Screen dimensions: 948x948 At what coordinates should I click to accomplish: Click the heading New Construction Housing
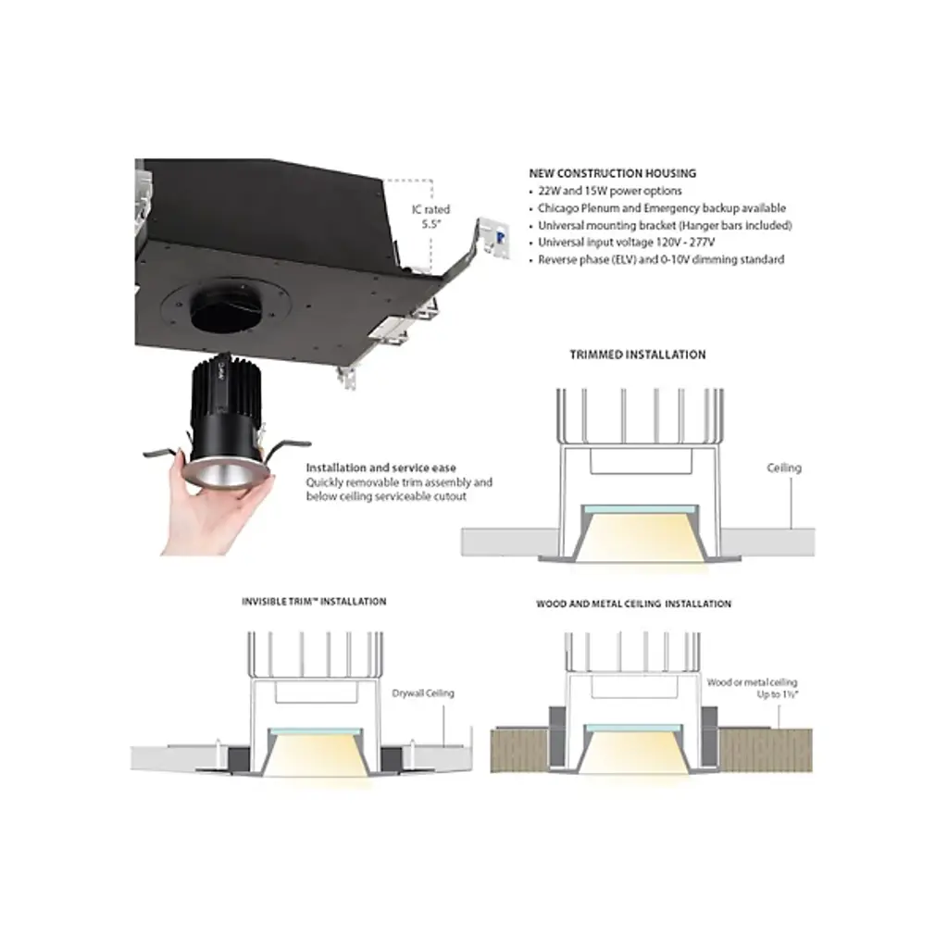tap(613, 173)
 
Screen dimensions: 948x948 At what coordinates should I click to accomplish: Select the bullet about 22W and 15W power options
tap(609, 191)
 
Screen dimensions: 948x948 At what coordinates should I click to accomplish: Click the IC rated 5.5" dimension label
tap(431, 217)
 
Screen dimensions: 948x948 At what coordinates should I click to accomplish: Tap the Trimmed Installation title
tap(638, 355)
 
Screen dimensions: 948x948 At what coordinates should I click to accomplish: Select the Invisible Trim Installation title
tap(314, 602)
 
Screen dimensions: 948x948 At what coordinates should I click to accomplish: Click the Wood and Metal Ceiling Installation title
tap(633, 604)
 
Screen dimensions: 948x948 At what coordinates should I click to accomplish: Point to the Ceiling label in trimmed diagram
tap(784, 468)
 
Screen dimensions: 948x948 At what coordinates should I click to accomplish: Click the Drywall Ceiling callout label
tap(422, 692)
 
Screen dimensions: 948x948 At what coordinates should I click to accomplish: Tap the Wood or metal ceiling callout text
tap(752, 688)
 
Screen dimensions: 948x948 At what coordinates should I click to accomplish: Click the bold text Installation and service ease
tap(380, 468)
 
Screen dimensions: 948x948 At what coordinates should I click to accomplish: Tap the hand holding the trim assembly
tap(208, 502)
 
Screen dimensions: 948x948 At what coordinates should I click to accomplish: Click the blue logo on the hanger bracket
tap(501, 236)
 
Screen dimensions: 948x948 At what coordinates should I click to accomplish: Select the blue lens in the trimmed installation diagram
tap(641, 509)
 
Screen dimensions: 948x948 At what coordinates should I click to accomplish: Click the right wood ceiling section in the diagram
tap(766, 750)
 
